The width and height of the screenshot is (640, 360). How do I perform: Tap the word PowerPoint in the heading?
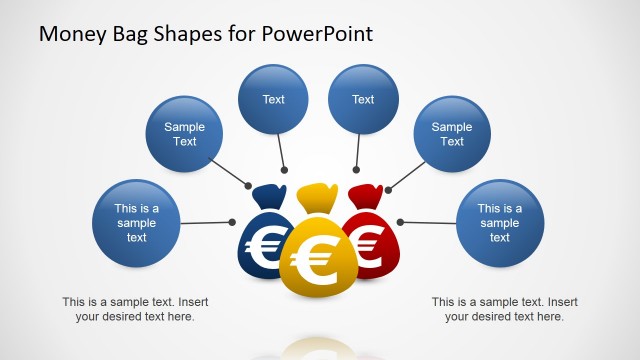click(x=317, y=33)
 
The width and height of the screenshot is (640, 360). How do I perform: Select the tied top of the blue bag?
click(x=269, y=193)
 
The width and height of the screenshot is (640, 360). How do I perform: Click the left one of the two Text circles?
click(x=273, y=99)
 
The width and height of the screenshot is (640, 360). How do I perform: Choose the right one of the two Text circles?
click(x=363, y=99)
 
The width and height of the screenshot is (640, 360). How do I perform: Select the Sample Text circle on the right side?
click(x=452, y=134)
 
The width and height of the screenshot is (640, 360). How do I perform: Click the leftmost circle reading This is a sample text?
click(x=136, y=223)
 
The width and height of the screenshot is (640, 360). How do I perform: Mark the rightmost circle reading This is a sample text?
click(x=500, y=223)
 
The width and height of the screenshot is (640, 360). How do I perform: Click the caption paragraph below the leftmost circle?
click(x=135, y=309)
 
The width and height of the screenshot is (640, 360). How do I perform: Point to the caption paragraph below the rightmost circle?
click(x=504, y=309)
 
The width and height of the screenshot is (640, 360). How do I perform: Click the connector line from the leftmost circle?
click(x=205, y=222)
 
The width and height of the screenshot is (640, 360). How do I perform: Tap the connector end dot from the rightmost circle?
click(x=400, y=221)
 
